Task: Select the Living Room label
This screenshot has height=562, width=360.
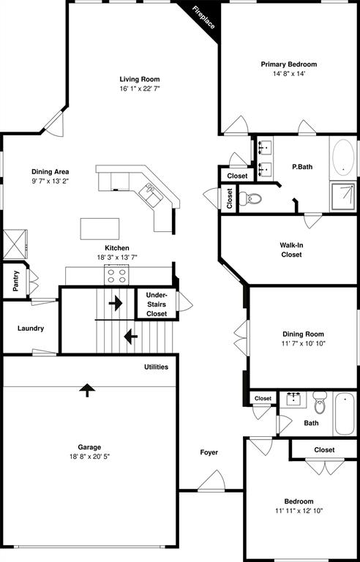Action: tap(139, 79)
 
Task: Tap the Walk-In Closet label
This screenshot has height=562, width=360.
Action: tap(292, 250)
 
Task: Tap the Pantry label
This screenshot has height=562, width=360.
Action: tap(15, 281)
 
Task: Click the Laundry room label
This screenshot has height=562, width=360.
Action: tap(31, 329)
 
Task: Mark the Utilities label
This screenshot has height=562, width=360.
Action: tap(156, 367)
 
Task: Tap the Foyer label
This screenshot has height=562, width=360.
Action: tap(209, 452)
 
